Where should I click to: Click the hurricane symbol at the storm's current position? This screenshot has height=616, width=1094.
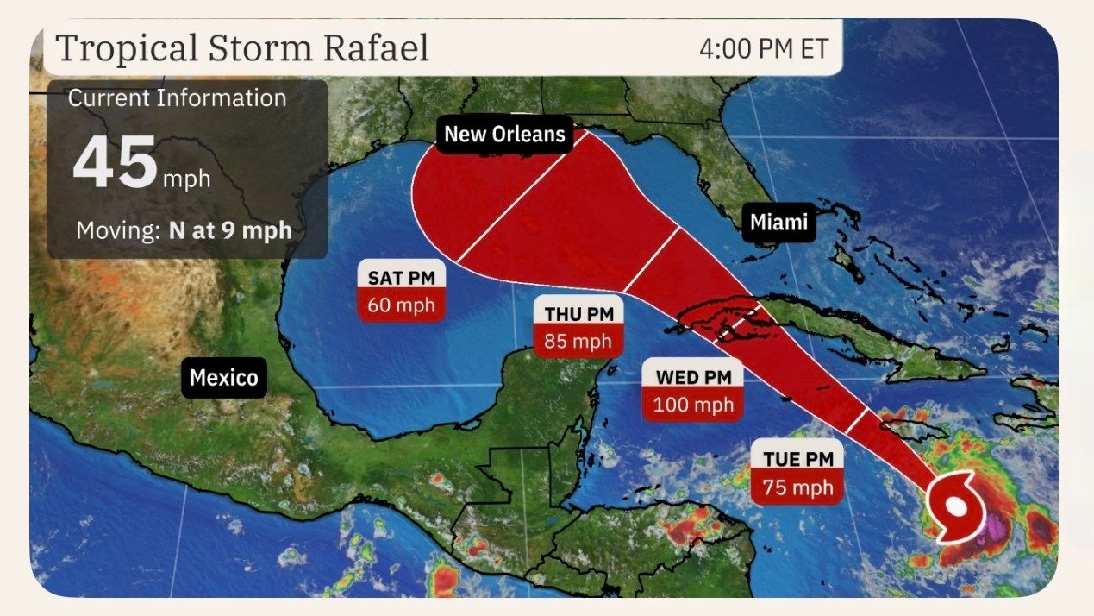[x=955, y=506]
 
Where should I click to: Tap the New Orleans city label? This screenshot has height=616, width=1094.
[x=504, y=134]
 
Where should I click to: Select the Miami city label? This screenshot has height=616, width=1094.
[x=778, y=223]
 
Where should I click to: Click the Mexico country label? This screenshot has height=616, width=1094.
[x=223, y=378]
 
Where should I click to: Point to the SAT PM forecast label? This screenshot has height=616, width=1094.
[x=402, y=278]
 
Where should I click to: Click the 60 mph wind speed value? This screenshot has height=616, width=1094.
[x=402, y=305]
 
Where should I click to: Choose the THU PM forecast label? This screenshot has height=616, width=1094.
[x=578, y=314]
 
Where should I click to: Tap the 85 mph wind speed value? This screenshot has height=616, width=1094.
[x=578, y=342]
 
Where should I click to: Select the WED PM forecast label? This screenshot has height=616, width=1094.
[x=692, y=377]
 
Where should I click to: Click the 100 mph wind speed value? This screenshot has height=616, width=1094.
[x=692, y=405]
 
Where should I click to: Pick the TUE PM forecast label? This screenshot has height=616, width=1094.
[x=797, y=460]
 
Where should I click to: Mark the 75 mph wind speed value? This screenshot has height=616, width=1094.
[x=797, y=488]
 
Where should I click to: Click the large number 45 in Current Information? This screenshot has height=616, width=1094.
[x=115, y=164]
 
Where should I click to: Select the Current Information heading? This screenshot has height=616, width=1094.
[x=177, y=98]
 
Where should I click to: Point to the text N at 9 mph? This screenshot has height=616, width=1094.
[x=230, y=231]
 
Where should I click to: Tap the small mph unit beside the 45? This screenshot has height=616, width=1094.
[x=186, y=179]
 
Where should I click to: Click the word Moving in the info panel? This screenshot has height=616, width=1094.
[x=118, y=231]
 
